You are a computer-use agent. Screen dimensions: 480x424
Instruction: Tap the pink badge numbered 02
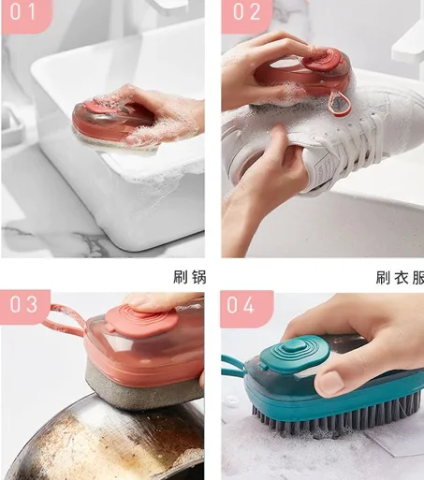click(246, 14)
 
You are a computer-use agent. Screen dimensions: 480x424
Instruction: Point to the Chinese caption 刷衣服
click(400, 276)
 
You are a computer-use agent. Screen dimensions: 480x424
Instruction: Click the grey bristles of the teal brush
click(309, 421)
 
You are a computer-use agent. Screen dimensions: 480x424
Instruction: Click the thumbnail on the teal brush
click(330, 381)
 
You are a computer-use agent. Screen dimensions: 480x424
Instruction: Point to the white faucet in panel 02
click(409, 42)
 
